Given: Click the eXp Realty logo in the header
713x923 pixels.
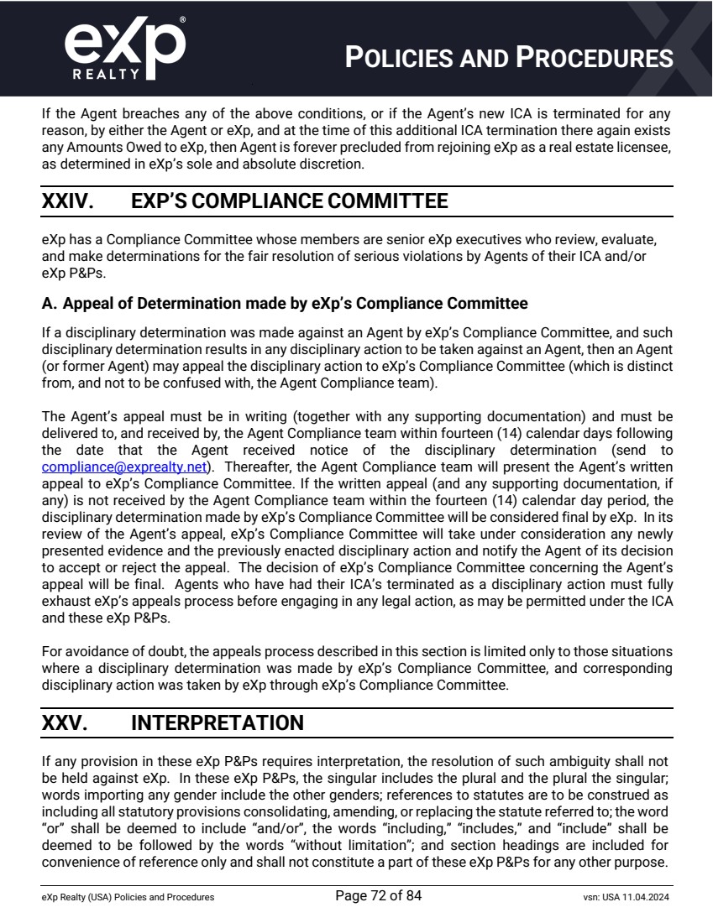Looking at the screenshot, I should [125, 49].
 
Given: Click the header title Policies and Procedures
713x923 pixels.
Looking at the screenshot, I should [510, 58].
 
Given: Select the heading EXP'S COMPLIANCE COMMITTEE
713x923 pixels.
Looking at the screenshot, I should [290, 201].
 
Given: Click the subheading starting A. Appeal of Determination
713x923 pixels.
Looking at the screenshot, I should [285, 303].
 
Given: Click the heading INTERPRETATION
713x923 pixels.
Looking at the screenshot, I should [218, 722].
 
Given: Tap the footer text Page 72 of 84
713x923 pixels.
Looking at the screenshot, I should [378, 895].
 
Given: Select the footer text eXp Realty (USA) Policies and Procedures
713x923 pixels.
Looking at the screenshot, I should [128, 897].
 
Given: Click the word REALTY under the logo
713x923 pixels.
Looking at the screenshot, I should [107, 74].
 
